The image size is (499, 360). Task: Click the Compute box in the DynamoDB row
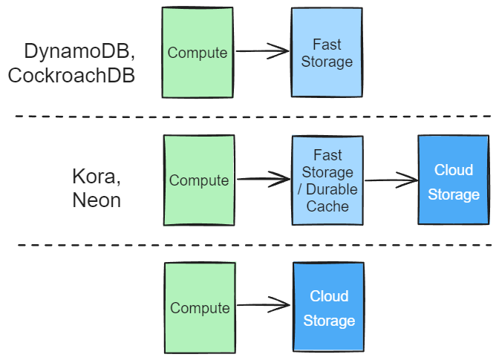click(x=197, y=53)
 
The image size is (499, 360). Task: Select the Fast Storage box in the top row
click(x=327, y=53)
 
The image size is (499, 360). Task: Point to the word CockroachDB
click(x=71, y=76)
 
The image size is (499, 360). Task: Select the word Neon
click(x=97, y=200)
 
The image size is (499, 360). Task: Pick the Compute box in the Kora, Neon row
click(x=198, y=180)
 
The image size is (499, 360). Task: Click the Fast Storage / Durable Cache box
click(x=327, y=180)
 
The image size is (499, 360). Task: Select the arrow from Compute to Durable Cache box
click(x=263, y=179)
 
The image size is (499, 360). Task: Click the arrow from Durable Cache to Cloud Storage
click(x=391, y=179)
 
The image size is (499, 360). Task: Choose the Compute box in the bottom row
click(x=200, y=307)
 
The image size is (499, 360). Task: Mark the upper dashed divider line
click(x=252, y=117)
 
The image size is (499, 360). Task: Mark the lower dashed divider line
click(x=252, y=245)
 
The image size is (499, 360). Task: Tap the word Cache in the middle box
click(x=327, y=206)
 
